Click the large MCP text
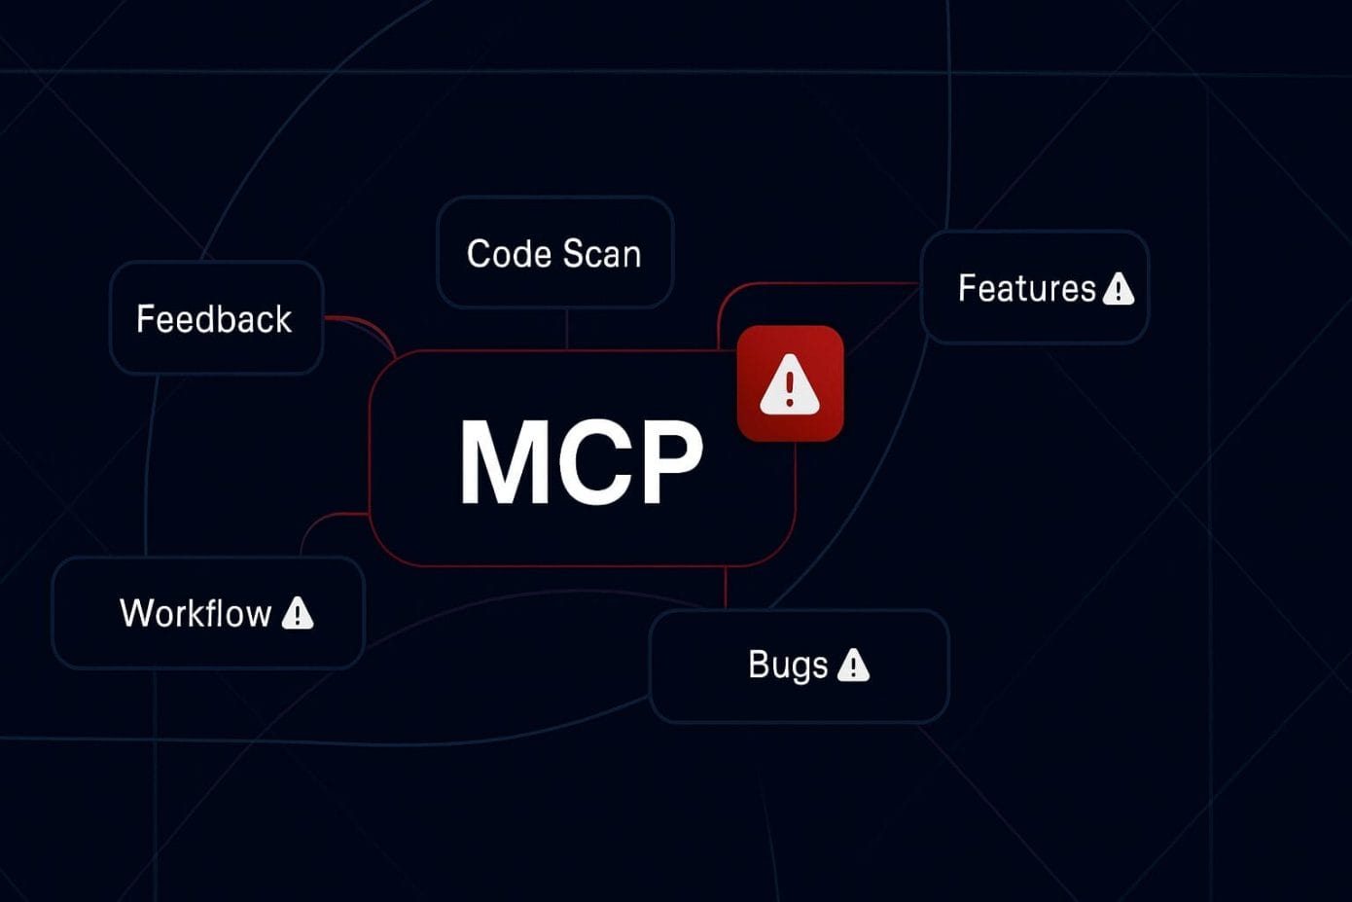coord(581,461)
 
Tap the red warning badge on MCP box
coord(790,383)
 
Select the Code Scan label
coord(553,254)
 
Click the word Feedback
coord(214,319)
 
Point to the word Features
coord(1026,288)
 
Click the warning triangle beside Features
coord(1119,288)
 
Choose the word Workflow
coord(196,613)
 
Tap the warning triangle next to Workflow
coord(298,613)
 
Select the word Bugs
coord(788,665)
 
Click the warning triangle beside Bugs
coord(853,666)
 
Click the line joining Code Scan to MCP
coord(567,329)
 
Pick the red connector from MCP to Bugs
coord(726,588)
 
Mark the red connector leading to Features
coord(817,284)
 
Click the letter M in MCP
coord(502,461)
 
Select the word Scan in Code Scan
coord(602,254)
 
